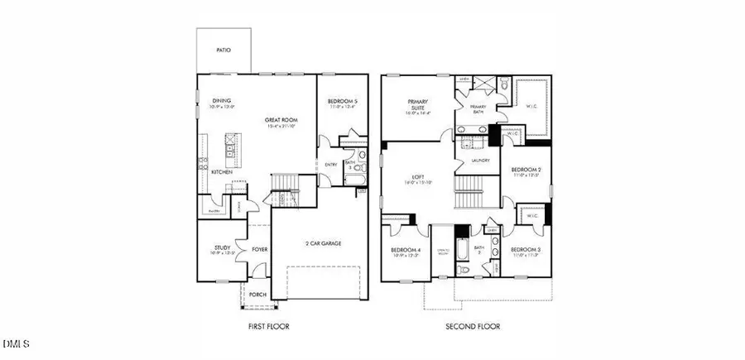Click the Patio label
pyautogui.click(x=223, y=50)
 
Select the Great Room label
pyautogui.click(x=281, y=120)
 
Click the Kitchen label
pyautogui.click(x=221, y=172)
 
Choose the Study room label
pyautogui.click(x=222, y=247)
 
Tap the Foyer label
pyautogui.click(x=260, y=247)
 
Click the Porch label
pyautogui.click(x=258, y=294)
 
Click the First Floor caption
pyautogui.click(x=269, y=326)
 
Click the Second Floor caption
pyautogui.click(x=473, y=326)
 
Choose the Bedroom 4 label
pyautogui.click(x=406, y=249)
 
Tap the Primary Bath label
pyautogui.click(x=478, y=107)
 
